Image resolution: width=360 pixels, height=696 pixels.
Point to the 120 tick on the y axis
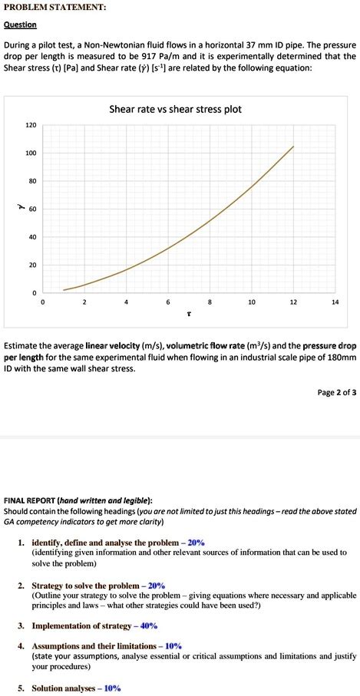[31, 125]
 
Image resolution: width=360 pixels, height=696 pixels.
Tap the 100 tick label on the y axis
[31, 153]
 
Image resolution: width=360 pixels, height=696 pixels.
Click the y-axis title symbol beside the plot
[12, 208]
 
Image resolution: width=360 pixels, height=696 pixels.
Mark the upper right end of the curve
[293, 146]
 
